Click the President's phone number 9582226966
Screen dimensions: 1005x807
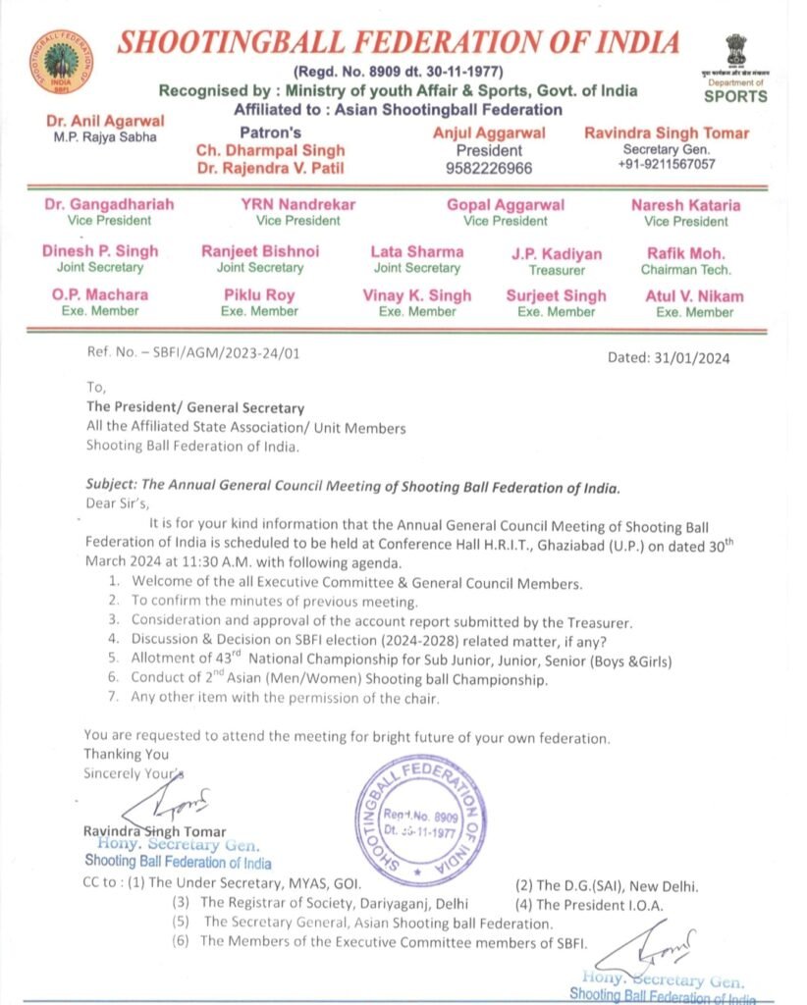490,168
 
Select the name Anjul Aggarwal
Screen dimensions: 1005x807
489,132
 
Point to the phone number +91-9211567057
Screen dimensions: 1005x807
666,164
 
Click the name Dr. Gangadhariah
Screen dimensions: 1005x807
109,205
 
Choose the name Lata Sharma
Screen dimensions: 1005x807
417,251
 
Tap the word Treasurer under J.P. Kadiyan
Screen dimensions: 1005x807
557,270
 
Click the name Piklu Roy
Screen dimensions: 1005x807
259,295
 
